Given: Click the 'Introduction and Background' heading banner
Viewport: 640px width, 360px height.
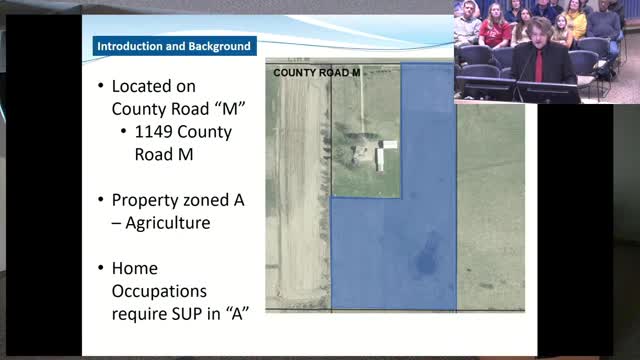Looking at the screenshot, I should pos(173,45).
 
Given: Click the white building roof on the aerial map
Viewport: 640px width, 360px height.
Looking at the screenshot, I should pos(386,146).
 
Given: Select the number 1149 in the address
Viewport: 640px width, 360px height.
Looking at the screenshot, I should pos(158,132).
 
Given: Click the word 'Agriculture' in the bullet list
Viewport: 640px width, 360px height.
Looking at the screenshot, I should pos(168,222).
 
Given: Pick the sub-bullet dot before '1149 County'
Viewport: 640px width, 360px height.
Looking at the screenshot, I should pos(123,132).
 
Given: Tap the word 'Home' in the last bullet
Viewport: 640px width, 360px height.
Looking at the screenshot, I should pos(135,269).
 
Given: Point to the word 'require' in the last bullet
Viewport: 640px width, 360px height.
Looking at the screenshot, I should pos(141,313).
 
